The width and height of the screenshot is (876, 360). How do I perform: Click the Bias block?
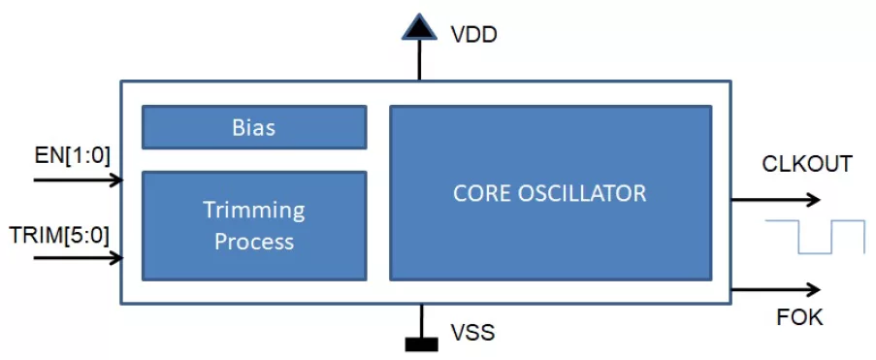point(254,127)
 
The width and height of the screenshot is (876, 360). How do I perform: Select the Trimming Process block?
point(254,226)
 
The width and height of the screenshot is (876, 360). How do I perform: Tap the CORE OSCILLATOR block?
point(551,193)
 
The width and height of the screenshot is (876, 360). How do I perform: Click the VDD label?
point(473,35)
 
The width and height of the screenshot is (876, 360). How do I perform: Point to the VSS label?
point(472,333)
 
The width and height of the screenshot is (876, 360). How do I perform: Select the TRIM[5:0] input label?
point(59,237)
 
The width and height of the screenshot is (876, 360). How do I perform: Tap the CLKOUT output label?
point(807,164)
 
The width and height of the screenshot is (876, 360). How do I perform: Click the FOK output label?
point(799,317)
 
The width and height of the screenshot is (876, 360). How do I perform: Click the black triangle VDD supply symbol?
point(418,28)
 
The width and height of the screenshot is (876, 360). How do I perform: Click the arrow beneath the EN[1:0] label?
point(79,180)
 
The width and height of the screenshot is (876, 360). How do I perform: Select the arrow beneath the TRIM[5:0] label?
point(79,258)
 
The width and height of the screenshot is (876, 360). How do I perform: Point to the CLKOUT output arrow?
point(776,199)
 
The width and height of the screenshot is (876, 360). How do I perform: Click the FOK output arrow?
point(776,289)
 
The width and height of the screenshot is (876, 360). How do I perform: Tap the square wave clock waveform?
point(815,237)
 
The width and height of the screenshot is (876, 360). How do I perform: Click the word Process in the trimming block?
point(254,242)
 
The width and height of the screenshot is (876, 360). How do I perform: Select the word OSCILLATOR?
point(583,193)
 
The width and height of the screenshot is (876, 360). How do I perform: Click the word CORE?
point(482,193)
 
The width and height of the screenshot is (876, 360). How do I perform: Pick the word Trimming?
point(253,211)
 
